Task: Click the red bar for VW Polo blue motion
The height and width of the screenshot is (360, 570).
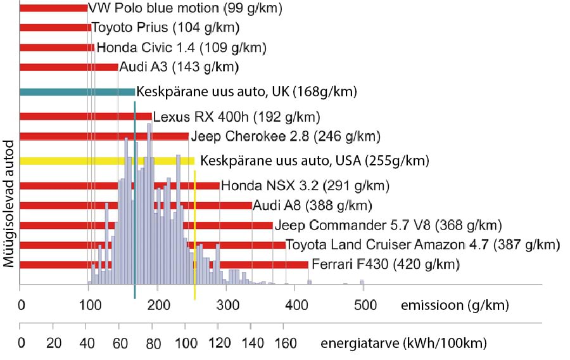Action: coord(54,8)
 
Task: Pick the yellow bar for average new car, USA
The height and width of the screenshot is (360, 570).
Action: coord(107,160)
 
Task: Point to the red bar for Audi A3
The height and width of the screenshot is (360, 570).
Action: coord(69,67)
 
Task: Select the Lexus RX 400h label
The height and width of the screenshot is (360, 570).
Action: coord(236,117)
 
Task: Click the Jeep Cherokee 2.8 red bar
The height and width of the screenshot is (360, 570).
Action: coord(104,136)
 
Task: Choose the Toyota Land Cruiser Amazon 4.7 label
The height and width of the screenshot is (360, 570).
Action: coord(422,245)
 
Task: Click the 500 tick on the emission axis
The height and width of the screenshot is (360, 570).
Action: coord(362,305)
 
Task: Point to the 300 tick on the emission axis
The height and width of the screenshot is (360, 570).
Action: coord(225,305)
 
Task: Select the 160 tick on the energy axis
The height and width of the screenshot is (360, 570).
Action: coord(285,344)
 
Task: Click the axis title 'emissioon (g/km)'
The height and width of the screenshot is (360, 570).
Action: coord(455,305)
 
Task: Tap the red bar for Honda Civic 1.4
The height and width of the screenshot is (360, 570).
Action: coord(57,48)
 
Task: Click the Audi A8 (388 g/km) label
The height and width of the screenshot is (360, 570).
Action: coord(312,205)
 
